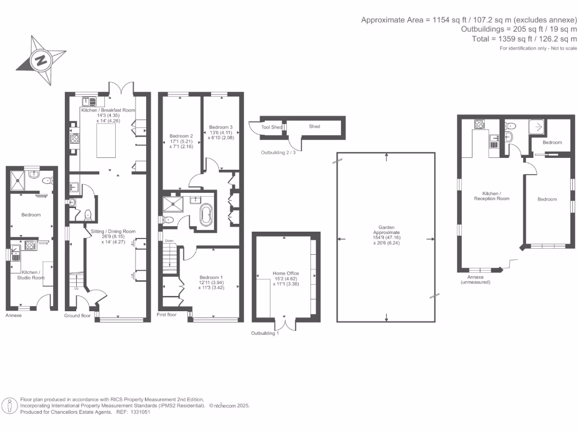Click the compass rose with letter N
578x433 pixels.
(40, 59)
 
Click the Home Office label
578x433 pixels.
(286, 273)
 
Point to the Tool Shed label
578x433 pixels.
(272, 127)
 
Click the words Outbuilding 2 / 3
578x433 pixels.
(278, 152)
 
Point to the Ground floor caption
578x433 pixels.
(77, 316)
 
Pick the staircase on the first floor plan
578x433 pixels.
(169, 259)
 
